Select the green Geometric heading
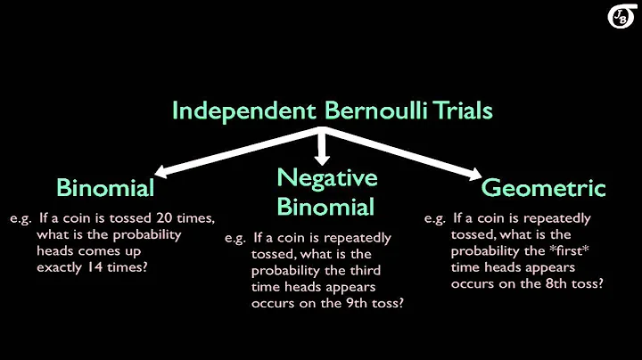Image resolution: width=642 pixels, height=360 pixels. (543, 188)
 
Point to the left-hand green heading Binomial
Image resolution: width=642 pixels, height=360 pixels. (105, 188)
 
